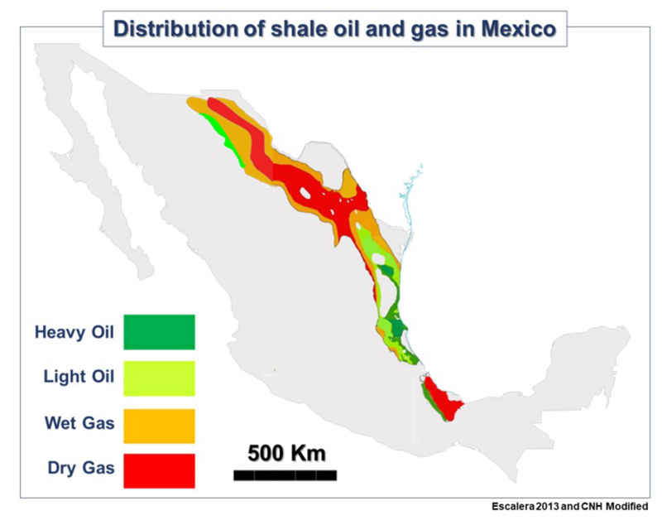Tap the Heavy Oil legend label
74,333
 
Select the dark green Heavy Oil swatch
159,332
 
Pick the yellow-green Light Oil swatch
159,378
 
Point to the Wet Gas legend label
79,425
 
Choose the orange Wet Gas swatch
159,426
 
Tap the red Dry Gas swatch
159,471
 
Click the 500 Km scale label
286,454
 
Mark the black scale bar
285,475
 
